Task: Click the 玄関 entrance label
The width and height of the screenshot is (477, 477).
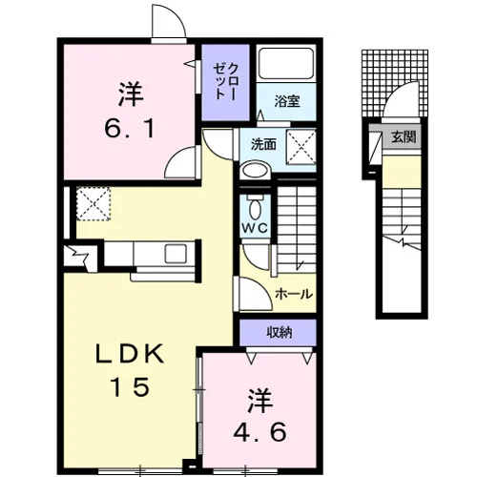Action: tap(404, 136)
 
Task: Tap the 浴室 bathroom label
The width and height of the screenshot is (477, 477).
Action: tap(287, 101)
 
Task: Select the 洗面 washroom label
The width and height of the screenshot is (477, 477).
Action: tap(263, 145)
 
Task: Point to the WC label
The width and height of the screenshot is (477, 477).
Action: tap(255, 228)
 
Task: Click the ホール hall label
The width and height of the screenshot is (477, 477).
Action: tap(294, 294)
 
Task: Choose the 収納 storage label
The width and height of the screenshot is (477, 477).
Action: tap(280, 333)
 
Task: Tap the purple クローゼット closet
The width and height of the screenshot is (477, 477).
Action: tap(225, 82)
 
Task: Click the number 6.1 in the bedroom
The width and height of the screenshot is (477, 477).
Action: tap(130, 129)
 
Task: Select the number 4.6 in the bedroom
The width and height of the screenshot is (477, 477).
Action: tap(259, 432)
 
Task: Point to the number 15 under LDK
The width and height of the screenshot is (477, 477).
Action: tap(130, 386)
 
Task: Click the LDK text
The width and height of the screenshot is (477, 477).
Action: tap(130, 354)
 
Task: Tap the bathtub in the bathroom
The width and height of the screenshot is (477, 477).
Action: tap(286, 63)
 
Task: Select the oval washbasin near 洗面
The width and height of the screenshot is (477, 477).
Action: tap(255, 171)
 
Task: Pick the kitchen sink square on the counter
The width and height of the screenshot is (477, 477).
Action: tap(176, 254)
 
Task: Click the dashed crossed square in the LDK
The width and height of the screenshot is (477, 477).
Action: tap(93, 203)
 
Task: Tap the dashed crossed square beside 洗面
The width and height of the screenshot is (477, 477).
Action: tap(301, 147)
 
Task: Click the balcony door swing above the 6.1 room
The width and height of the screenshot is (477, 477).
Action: tap(169, 22)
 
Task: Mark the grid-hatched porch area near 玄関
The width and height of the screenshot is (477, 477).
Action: tap(395, 83)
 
